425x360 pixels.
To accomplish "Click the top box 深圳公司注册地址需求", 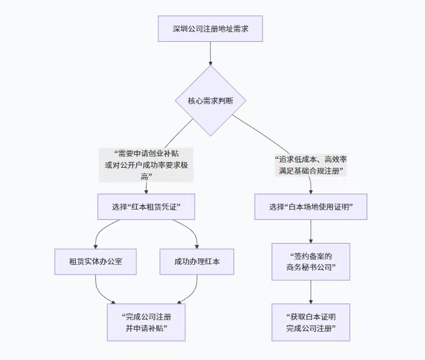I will point(210,29).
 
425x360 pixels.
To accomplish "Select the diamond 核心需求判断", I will point(210,100).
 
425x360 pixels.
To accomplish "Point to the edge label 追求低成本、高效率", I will point(311,159).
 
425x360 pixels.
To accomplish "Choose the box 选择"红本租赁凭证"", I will point(146,207).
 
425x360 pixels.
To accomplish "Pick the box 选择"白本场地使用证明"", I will point(311,207).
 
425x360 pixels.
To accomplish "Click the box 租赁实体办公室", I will point(96,262).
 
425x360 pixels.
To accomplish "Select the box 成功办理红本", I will point(196,262).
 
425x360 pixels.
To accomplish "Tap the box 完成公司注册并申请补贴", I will point(146,322).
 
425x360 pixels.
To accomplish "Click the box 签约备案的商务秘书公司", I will point(311,262).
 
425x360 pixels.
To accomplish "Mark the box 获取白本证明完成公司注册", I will point(311,322).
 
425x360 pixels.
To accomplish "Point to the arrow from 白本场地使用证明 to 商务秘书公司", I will point(311,231).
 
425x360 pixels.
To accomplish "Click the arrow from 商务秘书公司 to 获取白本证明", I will point(311,292).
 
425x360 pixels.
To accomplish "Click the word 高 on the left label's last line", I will point(146,176).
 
